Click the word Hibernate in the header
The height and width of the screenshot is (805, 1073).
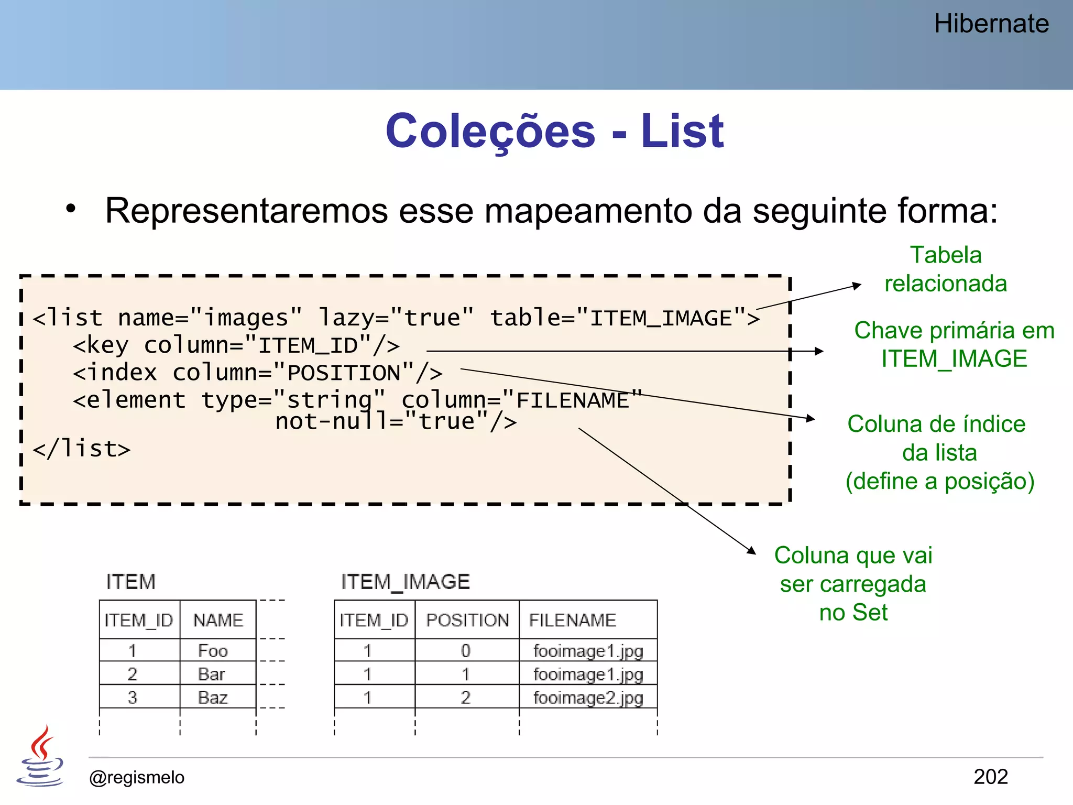coord(991,24)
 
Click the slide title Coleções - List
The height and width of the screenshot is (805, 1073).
coord(554,131)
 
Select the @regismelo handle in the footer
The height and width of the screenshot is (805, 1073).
coord(137,777)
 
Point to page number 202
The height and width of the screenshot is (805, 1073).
coord(990,777)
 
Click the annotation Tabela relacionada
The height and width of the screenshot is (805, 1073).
coord(946,269)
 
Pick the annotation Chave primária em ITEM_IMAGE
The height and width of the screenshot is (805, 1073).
coord(954,345)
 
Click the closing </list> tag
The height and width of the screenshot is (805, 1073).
coord(82,449)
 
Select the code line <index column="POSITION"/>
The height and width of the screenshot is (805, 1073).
coord(257,373)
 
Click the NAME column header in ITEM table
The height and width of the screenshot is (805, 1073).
coord(218,621)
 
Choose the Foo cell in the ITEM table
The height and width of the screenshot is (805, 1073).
coord(213,651)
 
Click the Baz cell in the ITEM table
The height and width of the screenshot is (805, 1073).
coord(213,698)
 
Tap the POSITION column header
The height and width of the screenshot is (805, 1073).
coord(467,621)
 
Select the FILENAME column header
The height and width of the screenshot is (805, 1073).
coord(572,621)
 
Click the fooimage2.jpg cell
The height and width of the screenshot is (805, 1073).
coord(588,698)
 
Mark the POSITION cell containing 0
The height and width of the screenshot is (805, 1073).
coord(466,651)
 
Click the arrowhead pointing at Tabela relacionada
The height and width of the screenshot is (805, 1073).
coord(857,286)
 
